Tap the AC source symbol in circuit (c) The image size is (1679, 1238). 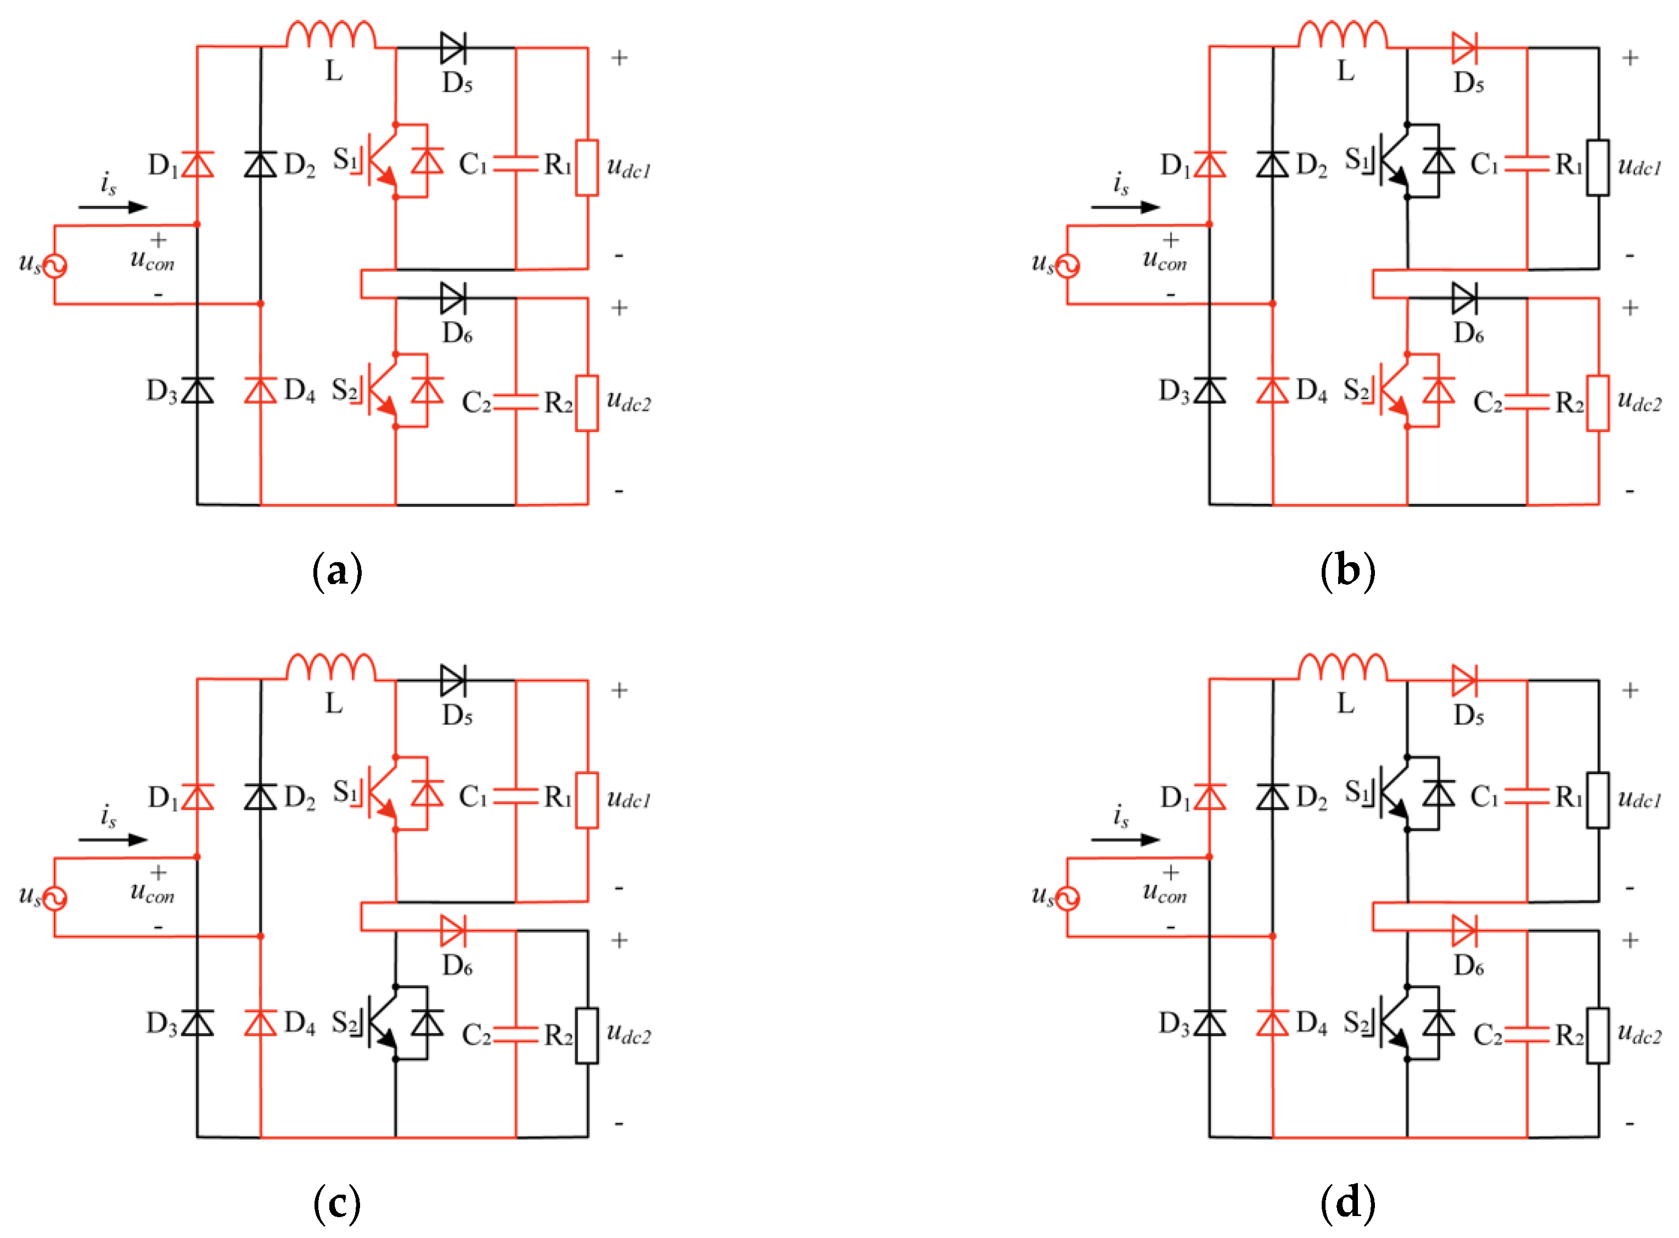[54, 897]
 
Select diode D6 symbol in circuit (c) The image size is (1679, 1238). [452, 930]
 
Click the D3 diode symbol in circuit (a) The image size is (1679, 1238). [197, 390]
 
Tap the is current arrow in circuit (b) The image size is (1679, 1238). [1124, 207]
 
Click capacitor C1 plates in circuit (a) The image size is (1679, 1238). [515, 164]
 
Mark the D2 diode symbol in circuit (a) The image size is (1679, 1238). [260, 164]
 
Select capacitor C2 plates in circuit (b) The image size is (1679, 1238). [1526, 402]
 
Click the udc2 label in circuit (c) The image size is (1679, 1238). [628, 1034]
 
